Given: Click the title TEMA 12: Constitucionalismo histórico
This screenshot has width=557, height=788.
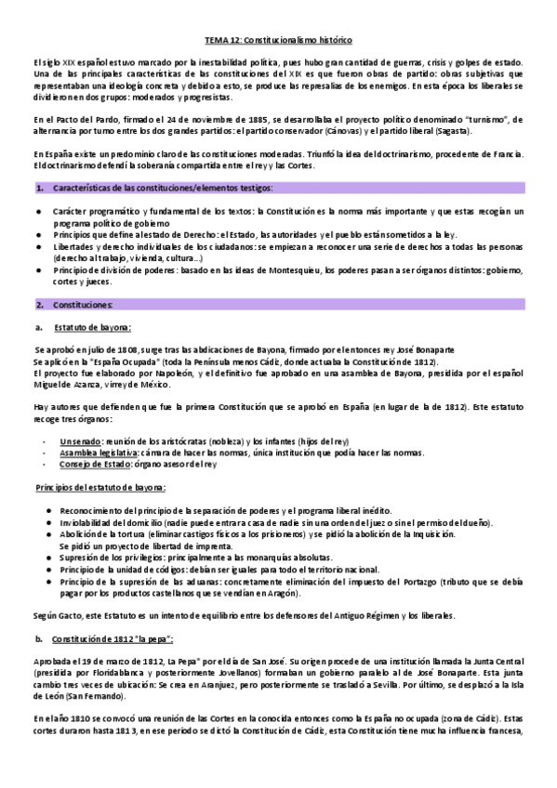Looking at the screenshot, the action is tap(278, 41).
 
